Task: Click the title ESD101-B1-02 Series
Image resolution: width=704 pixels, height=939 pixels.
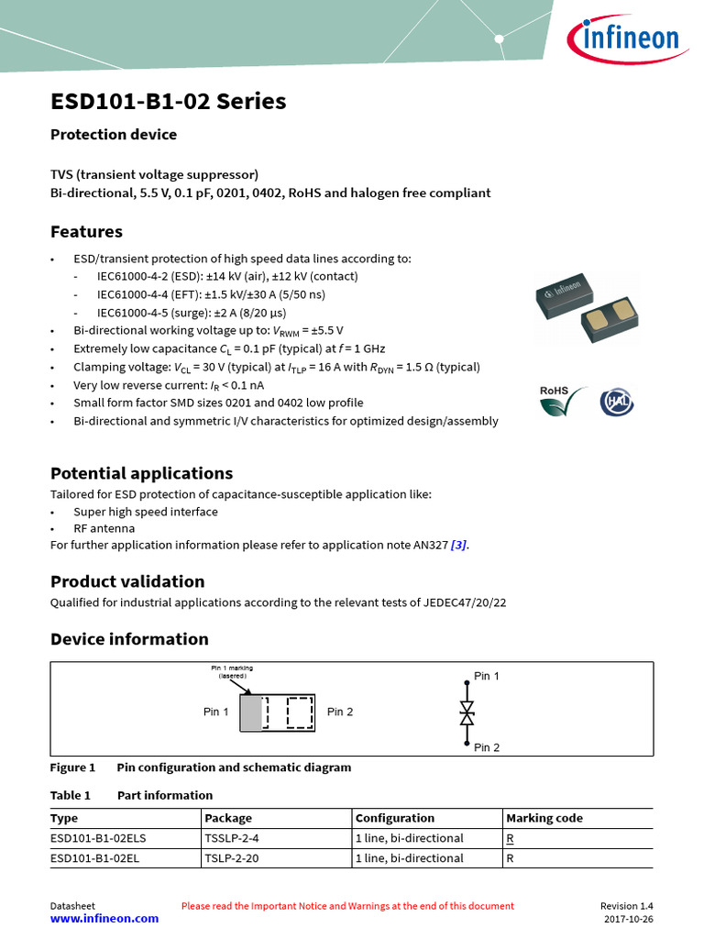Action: (168, 101)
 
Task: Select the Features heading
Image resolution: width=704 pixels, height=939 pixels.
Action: (86, 231)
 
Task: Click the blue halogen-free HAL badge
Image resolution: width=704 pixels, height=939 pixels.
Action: (616, 402)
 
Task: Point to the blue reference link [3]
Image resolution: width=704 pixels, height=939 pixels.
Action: (458, 545)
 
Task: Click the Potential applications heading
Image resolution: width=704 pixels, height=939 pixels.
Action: (141, 473)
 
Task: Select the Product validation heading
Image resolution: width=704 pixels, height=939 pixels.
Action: (127, 581)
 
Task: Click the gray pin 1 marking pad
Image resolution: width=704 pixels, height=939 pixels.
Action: (249, 713)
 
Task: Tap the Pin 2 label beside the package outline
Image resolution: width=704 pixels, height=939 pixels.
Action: (340, 713)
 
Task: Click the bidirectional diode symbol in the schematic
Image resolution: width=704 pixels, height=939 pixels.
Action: (467, 712)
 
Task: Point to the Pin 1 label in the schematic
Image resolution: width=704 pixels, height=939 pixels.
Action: (487, 676)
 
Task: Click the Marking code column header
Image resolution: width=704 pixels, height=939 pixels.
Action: (544, 818)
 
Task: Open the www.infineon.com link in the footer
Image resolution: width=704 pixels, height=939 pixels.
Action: (104, 918)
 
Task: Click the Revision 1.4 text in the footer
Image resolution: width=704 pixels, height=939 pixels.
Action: (627, 905)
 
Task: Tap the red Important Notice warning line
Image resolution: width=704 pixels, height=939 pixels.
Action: (347, 905)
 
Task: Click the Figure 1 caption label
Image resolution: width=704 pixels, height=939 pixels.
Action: (73, 768)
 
